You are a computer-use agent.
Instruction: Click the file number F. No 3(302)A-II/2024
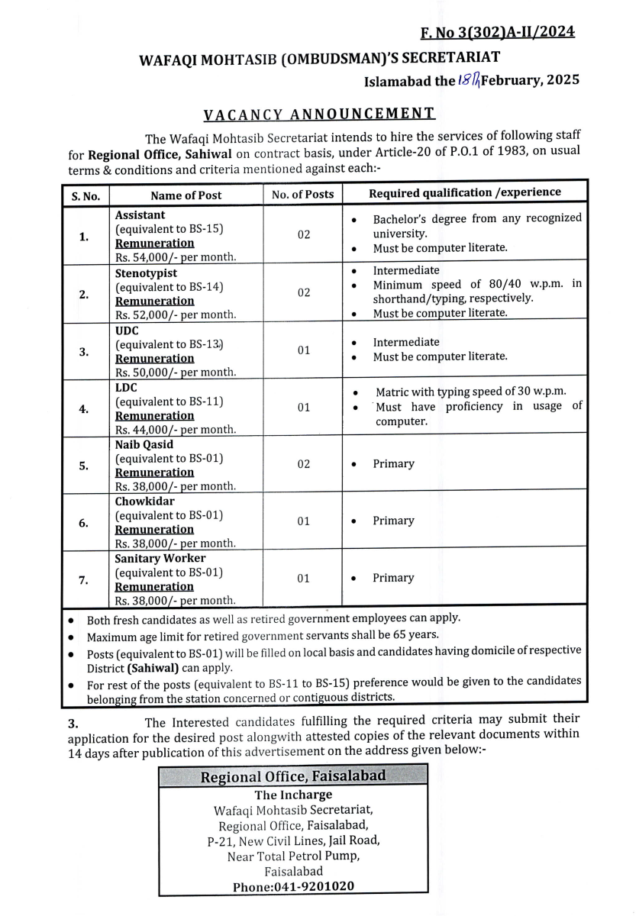[497, 32]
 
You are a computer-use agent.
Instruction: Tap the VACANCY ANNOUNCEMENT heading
[319, 114]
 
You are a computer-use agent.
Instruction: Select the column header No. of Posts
[303, 195]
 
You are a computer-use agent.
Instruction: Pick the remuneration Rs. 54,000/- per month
[175, 257]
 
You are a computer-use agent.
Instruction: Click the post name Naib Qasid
[144, 444]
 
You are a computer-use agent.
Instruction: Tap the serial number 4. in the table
[83, 408]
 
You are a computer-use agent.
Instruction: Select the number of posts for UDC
[304, 350]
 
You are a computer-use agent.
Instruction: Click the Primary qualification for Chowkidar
[393, 521]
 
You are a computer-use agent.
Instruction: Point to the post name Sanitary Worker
[160, 558]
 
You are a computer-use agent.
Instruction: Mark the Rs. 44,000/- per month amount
[175, 430]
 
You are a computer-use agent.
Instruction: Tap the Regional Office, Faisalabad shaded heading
[293, 777]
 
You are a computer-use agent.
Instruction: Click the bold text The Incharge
[293, 795]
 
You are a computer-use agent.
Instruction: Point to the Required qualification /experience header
[464, 193]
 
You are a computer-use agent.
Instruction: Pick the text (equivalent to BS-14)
[169, 287]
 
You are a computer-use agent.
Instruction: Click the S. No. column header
[86, 195]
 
